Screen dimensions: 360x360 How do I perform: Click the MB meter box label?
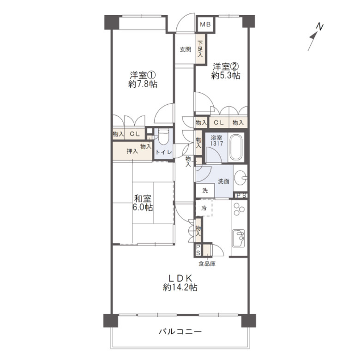(x=205, y=24)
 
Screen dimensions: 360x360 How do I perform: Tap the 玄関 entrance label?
(x=185, y=49)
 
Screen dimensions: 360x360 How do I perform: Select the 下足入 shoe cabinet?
(x=201, y=48)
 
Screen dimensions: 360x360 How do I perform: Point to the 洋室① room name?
(x=143, y=75)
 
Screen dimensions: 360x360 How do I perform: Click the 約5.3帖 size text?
(x=225, y=75)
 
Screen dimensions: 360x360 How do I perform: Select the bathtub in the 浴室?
(x=236, y=147)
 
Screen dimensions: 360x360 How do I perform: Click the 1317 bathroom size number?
(x=216, y=144)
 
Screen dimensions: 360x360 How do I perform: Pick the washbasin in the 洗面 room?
(x=241, y=178)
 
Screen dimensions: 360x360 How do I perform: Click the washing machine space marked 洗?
(x=205, y=190)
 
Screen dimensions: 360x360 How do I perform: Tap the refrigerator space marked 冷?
(x=204, y=208)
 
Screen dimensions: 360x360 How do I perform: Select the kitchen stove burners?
(x=239, y=210)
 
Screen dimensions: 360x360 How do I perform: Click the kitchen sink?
(x=238, y=238)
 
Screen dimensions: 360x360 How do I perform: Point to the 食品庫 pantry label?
(x=207, y=264)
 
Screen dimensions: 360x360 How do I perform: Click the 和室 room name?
(x=143, y=198)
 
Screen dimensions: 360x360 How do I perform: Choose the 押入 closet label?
(x=132, y=151)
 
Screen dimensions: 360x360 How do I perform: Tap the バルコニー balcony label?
(x=180, y=331)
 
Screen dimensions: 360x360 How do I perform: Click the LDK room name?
(x=180, y=278)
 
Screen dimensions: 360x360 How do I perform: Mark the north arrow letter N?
(x=319, y=27)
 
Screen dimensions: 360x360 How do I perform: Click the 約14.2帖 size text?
(x=180, y=288)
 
